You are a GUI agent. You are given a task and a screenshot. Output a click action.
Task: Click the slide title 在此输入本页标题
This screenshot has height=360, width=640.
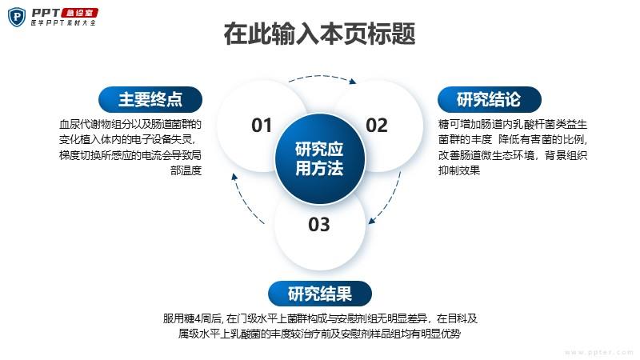point(319,34)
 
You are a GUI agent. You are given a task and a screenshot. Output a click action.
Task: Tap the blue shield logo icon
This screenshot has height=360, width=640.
point(17,17)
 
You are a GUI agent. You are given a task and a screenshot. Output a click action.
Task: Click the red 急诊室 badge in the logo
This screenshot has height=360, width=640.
point(79,13)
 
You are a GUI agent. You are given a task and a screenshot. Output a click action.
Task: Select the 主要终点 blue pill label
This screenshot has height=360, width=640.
point(150,99)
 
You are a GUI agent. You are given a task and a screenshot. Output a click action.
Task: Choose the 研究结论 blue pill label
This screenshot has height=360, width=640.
point(490,99)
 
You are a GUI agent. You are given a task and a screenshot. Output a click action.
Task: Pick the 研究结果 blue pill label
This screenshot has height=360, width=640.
point(319,294)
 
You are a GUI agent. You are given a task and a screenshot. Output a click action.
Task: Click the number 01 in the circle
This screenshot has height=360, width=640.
point(262,126)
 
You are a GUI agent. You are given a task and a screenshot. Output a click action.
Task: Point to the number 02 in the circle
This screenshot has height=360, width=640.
point(376,126)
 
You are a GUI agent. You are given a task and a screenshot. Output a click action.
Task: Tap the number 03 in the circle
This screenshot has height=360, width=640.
point(318,225)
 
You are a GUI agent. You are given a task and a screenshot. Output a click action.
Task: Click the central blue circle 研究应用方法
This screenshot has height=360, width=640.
point(319,158)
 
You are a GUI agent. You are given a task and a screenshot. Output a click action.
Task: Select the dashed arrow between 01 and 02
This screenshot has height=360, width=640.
point(322,76)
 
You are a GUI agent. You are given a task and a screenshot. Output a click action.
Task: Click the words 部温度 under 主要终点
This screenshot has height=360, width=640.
point(186,170)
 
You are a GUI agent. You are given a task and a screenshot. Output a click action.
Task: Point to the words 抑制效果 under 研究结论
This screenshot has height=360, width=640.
point(459,170)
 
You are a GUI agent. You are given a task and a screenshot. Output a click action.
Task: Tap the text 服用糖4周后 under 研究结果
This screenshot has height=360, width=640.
point(192,318)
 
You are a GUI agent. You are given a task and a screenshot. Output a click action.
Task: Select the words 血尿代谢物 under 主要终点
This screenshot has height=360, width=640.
point(86,124)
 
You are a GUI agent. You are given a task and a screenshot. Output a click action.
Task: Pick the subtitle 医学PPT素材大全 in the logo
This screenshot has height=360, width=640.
point(64,23)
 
